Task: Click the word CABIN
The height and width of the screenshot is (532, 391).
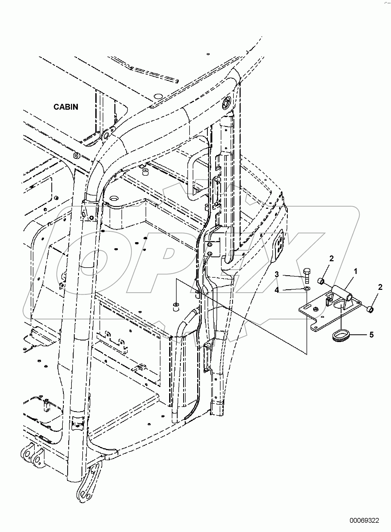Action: [66, 107]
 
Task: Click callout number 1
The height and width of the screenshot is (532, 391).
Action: [356, 271]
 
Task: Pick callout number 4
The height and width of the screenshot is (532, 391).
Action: [277, 290]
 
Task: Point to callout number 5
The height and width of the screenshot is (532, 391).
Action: [371, 335]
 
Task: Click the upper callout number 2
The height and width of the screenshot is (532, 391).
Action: [331, 259]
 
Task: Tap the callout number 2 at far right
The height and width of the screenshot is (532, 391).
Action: [380, 287]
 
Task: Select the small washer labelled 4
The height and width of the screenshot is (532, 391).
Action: [307, 289]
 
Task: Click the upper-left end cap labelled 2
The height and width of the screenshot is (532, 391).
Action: [321, 281]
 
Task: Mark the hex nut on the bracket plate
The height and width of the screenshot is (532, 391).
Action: [316, 308]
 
